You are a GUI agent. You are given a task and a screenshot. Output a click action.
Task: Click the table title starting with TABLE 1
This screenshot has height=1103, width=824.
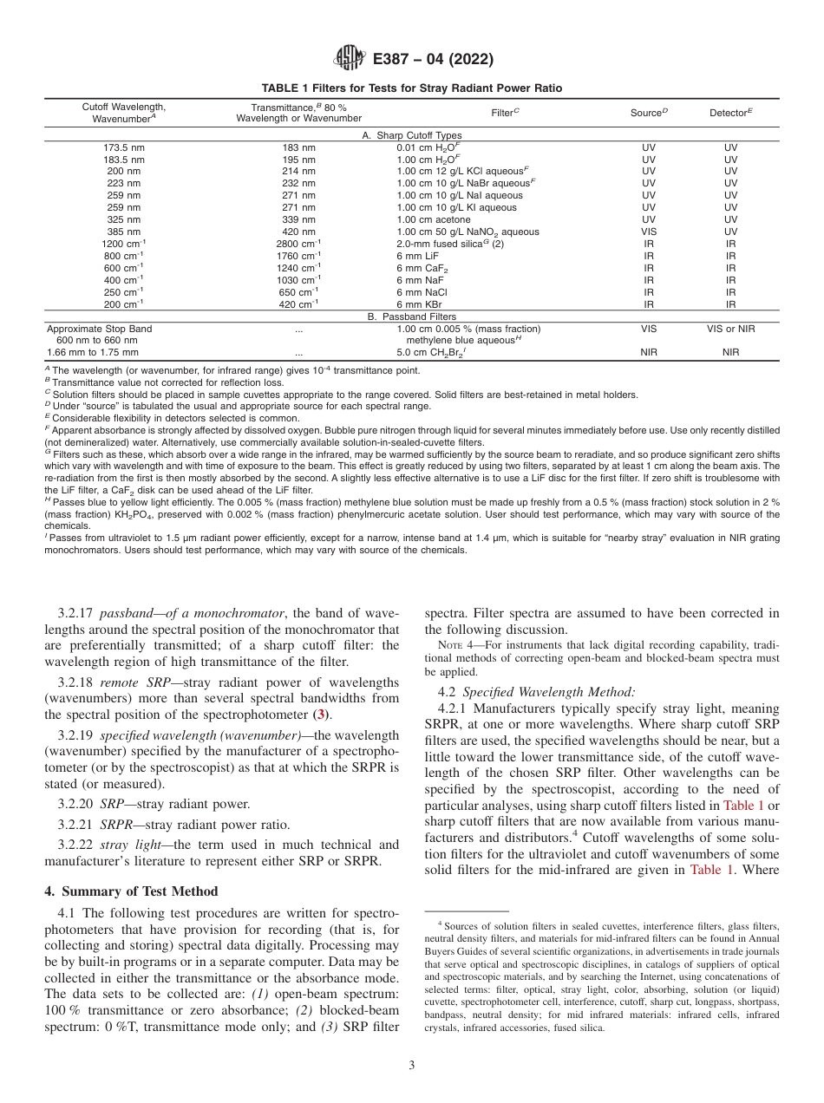tap(412, 88)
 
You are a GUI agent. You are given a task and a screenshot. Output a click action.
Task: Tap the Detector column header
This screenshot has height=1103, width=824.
tap(730, 113)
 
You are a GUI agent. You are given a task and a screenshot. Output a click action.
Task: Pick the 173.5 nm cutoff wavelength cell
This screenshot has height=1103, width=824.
tap(124, 147)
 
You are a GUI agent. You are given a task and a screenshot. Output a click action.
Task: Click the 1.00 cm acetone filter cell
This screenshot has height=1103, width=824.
tap(435, 220)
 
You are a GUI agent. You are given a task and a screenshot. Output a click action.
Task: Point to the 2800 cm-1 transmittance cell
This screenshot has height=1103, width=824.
tap(298, 244)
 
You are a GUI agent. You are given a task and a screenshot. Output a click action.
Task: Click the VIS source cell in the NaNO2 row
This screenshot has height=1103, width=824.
tap(649, 232)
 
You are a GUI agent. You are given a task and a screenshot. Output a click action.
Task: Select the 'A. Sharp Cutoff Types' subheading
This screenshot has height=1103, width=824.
tap(412, 135)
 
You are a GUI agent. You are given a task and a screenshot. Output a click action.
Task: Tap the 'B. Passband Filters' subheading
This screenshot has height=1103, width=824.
tap(412, 317)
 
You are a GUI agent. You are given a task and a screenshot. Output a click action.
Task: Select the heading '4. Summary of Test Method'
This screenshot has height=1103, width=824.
tap(131, 891)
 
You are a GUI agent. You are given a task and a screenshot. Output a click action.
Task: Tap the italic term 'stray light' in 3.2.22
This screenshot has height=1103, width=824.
tap(126, 844)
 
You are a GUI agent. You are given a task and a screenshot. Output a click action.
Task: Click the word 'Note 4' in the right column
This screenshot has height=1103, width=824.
tap(454, 644)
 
